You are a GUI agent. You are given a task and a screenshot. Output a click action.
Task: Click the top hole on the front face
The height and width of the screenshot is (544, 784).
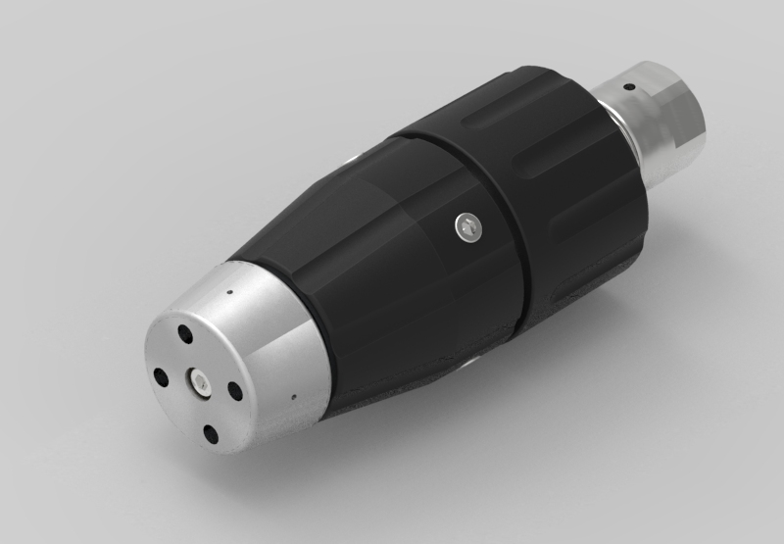pos(184,335)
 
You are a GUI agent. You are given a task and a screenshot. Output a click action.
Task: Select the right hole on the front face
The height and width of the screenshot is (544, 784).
pos(236,391)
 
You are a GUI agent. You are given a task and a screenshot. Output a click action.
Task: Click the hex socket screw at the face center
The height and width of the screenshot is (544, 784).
pos(199,382)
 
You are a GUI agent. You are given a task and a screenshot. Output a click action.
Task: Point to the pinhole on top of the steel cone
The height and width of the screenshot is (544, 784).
pos(228,290)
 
